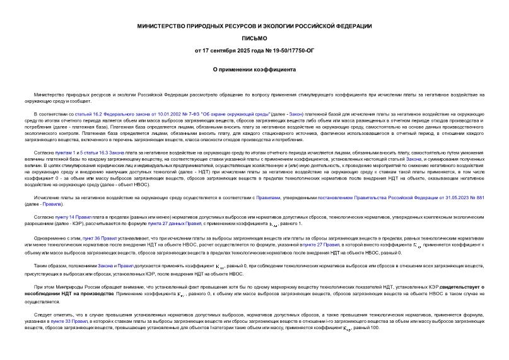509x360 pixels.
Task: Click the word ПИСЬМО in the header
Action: click(x=254, y=38)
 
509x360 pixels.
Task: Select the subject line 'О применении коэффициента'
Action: click(x=254, y=70)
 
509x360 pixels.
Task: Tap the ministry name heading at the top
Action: click(x=254, y=26)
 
